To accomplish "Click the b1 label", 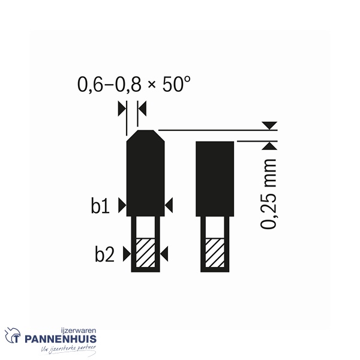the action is coord(100,205).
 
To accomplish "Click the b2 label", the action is coord(104,254).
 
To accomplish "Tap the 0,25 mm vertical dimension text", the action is coord(268,194).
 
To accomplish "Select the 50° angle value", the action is coord(176,84).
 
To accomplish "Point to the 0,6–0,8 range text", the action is coord(110,85).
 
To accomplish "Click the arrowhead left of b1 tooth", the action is coord(122,205).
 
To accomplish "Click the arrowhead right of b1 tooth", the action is coord(169,205).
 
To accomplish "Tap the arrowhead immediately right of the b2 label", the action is coord(127,254).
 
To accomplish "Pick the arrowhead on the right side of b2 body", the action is coord(164,254).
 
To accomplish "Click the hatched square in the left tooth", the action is coord(145,253).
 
